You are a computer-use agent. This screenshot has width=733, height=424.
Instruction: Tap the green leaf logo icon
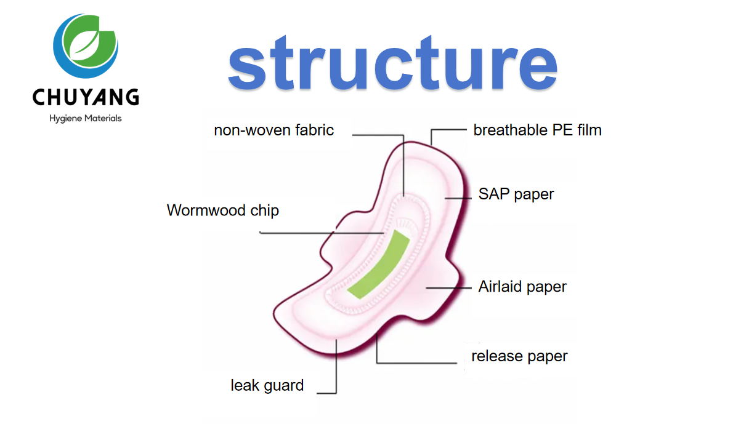tap(86, 46)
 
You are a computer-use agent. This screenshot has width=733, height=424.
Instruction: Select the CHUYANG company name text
tap(86, 97)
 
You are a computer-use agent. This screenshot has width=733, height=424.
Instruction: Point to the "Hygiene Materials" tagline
tap(86, 118)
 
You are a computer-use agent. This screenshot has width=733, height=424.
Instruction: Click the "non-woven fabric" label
tap(273, 130)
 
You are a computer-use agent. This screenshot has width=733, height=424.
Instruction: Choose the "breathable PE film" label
tap(537, 130)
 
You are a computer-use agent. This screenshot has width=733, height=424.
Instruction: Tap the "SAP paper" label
tap(516, 194)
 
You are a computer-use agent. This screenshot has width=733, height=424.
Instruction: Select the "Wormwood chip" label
tap(222, 210)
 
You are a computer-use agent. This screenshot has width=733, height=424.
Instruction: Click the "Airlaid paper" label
tap(522, 287)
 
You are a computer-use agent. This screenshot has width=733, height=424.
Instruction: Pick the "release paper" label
tap(519, 356)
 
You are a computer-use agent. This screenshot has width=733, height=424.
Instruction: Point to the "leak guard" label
tap(267, 386)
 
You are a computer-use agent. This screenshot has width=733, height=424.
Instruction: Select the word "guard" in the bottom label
tap(284, 386)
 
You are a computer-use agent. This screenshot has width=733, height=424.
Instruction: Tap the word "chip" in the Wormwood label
tap(264, 210)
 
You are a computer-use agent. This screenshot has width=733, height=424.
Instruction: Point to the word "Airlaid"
tap(501, 287)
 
